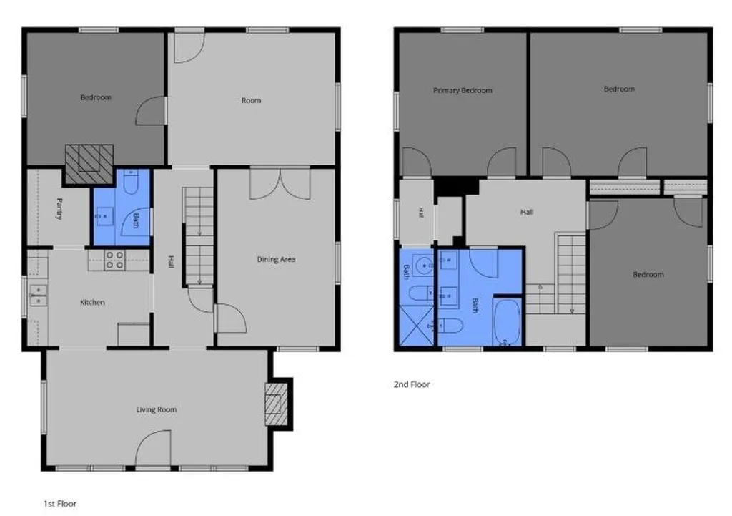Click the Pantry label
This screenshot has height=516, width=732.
coord(59,208)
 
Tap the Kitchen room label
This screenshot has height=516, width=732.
coord(92,303)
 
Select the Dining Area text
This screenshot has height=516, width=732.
coord(276,259)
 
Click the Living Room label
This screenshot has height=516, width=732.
coord(157,410)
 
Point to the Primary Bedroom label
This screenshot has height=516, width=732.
coord(463,91)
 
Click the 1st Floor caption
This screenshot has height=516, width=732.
coord(60,504)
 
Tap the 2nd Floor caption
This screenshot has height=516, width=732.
coord(411,384)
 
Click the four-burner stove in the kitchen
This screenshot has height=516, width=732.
coord(114,261)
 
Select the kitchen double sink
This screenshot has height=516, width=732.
coord(38,296)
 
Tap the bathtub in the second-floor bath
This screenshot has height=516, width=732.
coord(507,323)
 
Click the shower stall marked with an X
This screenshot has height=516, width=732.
coord(417,326)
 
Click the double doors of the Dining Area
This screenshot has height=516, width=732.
coord(280,184)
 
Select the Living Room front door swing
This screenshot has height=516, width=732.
coord(153,448)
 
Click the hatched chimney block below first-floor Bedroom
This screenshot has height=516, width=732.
coord(89,164)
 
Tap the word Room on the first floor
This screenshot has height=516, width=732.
coord(251,100)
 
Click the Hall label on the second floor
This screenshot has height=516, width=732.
coord(527,212)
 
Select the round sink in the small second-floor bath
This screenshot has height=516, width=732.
coord(425,266)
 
